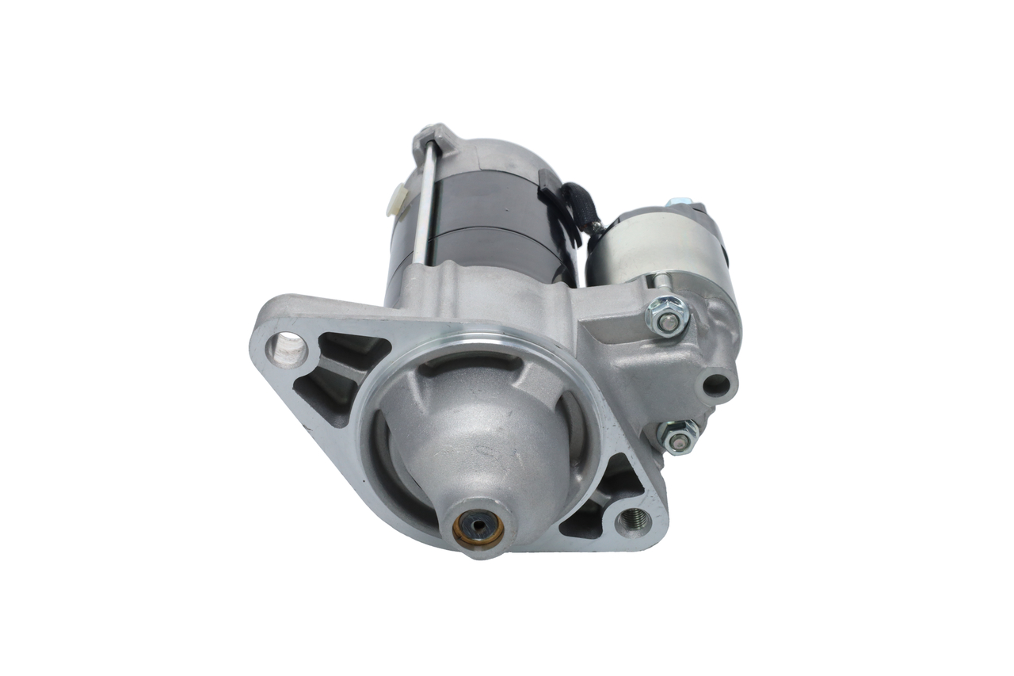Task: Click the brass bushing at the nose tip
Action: [478, 528]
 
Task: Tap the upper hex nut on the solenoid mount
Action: [668, 316]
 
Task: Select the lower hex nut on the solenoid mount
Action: [677, 436]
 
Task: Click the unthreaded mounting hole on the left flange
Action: [288, 349]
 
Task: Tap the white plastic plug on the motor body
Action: [396, 200]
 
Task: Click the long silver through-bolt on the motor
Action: [424, 206]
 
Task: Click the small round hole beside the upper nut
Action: [716, 386]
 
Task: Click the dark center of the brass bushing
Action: [478, 526]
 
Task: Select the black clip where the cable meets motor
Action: [547, 181]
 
